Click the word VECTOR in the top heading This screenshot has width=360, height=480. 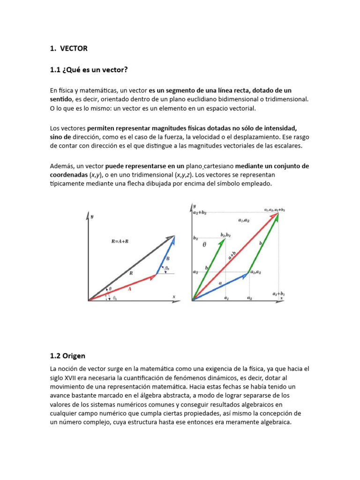tap(74, 48)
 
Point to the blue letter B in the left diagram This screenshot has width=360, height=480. tap(168, 258)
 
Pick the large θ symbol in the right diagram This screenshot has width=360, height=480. tap(204, 245)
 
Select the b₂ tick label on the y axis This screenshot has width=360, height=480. tap(195, 238)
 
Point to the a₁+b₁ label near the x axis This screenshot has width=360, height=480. tap(278, 293)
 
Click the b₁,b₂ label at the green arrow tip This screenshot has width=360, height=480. tap(225, 234)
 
